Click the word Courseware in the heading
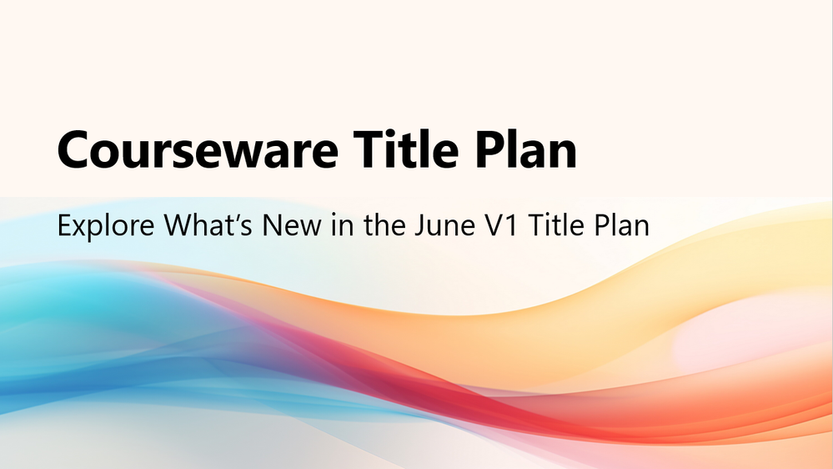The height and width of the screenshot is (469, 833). coord(198,150)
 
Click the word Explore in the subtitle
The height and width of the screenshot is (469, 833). coord(106,226)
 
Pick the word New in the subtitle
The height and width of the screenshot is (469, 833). coord(292,225)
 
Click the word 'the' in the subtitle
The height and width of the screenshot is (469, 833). coord(385,224)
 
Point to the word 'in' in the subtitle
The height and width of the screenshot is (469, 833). coord(343,224)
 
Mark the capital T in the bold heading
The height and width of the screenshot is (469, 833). coord(369,149)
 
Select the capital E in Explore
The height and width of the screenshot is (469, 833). coord(64,225)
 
